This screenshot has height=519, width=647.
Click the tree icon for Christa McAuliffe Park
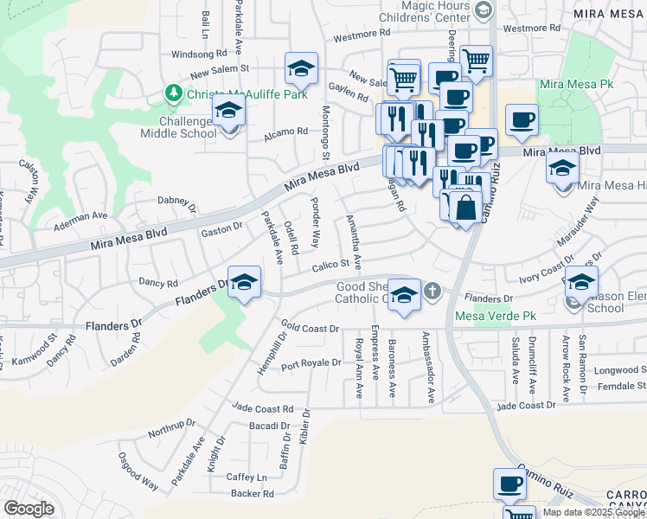tap(173, 93)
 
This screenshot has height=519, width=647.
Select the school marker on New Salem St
tap(301, 68)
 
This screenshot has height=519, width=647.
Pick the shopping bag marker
tap(465, 208)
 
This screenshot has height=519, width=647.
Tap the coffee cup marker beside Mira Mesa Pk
tap(522, 120)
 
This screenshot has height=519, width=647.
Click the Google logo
tap(29, 508)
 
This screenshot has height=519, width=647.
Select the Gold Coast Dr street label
tap(308, 329)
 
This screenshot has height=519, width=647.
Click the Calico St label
tap(330, 264)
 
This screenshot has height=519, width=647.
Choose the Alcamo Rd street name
tap(290, 131)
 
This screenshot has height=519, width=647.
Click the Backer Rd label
tap(253, 495)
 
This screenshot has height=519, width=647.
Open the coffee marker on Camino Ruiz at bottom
tap(509, 484)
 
